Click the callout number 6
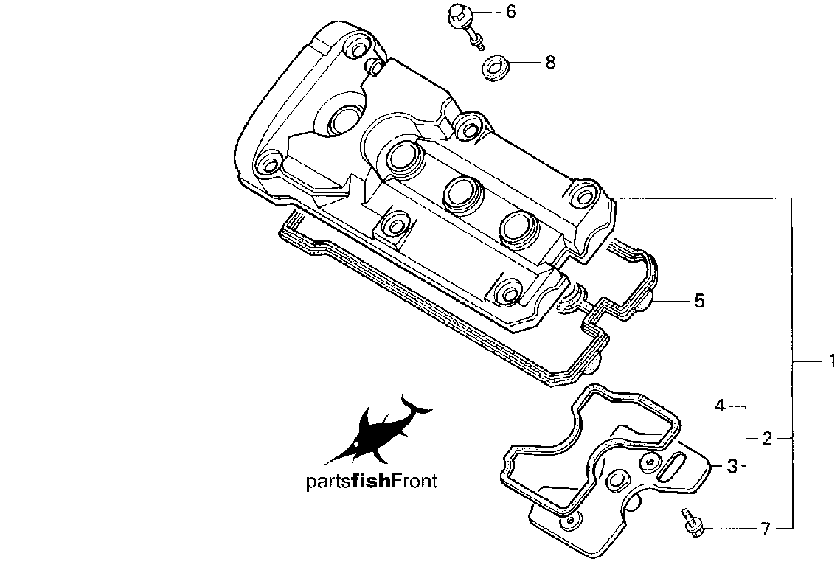click(510, 12)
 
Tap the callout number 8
click(550, 63)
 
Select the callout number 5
click(700, 301)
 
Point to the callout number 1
click(832, 361)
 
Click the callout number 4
click(721, 406)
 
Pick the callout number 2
click(767, 439)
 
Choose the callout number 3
click(732, 467)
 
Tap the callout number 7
click(766, 530)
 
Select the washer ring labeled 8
click(493, 68)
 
